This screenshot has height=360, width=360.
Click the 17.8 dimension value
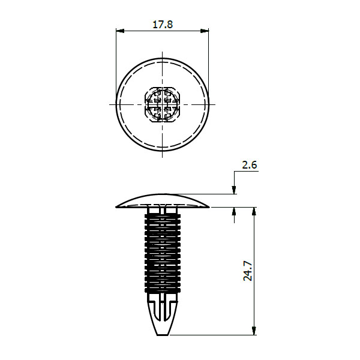click(163, 25)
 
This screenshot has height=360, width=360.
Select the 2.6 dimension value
click(250, 165)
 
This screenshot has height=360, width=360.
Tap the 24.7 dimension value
click(248, 271)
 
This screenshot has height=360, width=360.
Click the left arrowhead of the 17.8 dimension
click(120, 31)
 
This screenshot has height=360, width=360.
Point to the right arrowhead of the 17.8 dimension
click(205, 31)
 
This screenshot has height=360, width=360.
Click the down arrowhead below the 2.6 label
click(234, 190)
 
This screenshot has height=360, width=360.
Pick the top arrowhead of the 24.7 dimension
click(254, 211)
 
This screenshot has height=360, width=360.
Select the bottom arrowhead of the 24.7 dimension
click(254, 331)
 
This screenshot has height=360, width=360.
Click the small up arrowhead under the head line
click(234, 211)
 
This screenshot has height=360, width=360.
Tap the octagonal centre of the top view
click(163, 104)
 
